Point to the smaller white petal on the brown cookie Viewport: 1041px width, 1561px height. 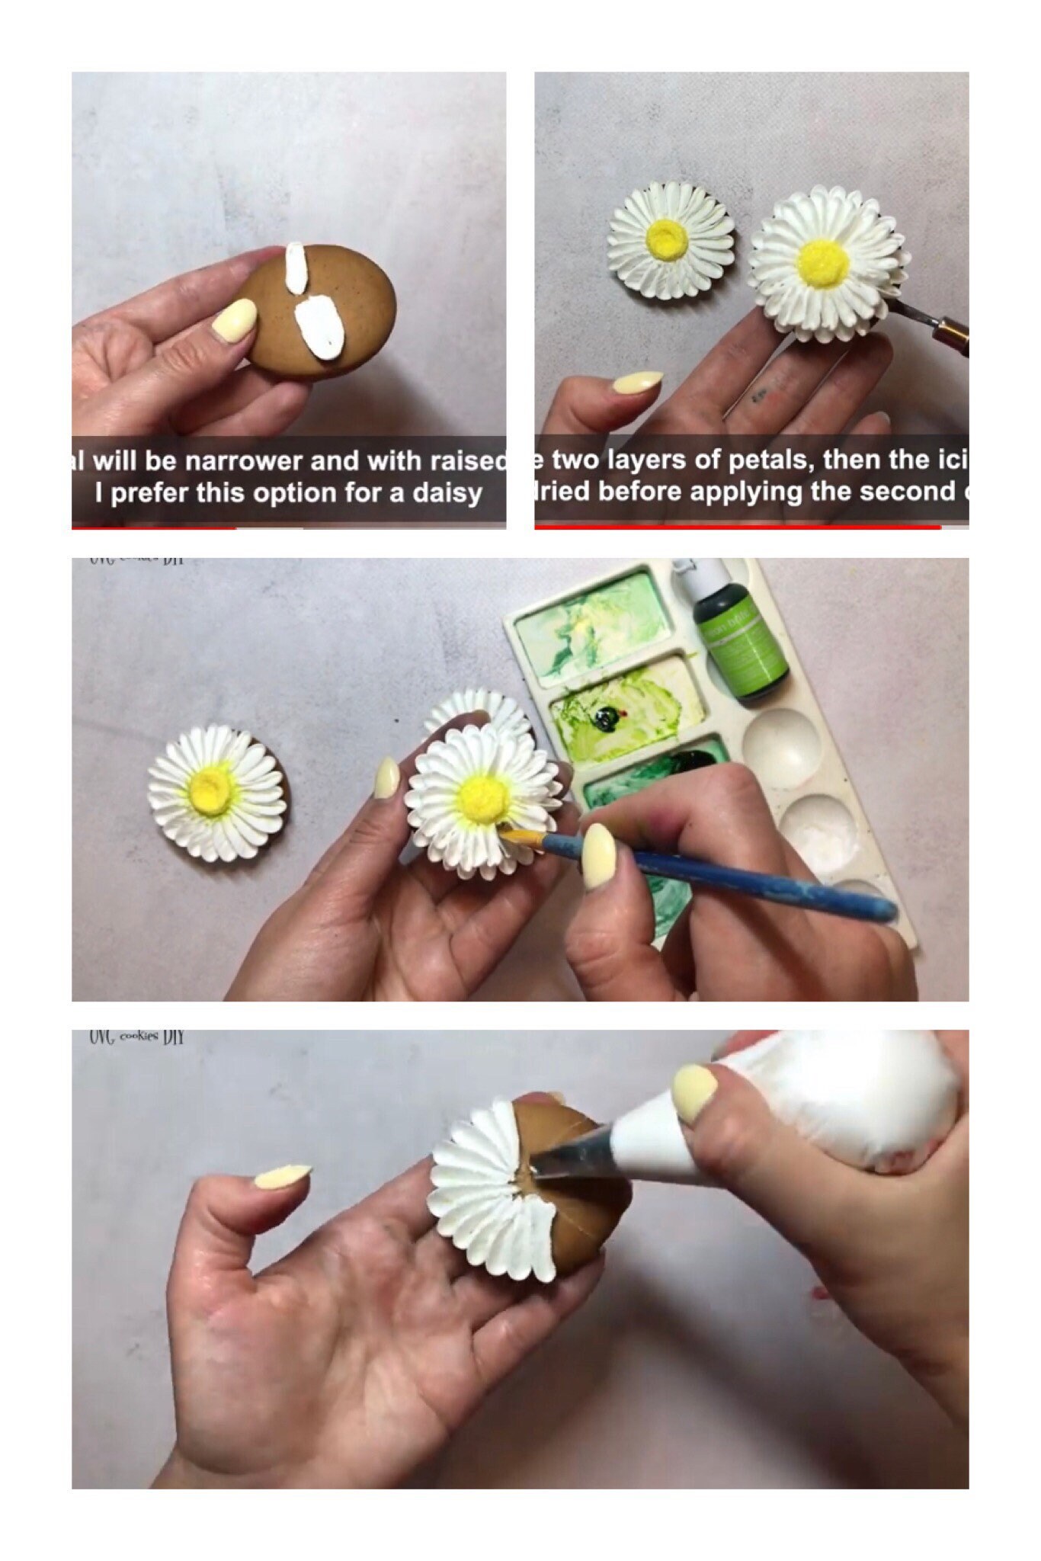296,268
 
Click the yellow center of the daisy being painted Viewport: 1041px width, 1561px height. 483,797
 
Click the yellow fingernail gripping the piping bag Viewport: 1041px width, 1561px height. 695,1092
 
